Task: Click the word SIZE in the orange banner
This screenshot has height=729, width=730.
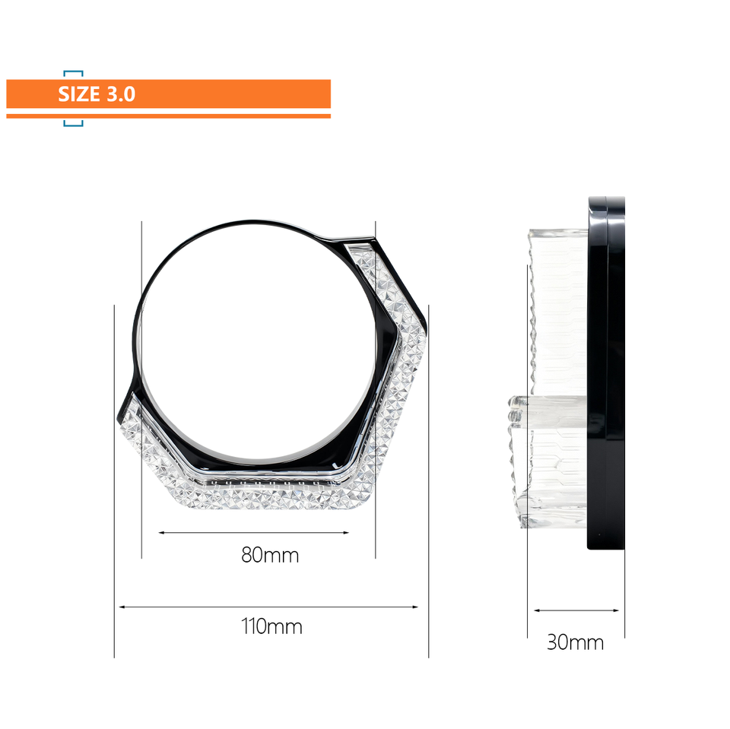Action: coord(78,94)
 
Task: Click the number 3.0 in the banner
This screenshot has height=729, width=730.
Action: coord(121,94)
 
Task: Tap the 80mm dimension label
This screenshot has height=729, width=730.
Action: coord(270,555)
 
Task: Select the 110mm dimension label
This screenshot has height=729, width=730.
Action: coord(271,626)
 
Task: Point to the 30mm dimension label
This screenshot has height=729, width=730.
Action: coord(575,642)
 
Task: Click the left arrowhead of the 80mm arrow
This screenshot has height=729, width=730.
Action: coord(161,533)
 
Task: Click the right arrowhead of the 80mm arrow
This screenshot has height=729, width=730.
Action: coord(346,533)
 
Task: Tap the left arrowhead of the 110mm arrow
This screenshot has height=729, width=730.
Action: coord(122,607)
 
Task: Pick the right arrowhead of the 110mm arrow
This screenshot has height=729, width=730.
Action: coord(415,607)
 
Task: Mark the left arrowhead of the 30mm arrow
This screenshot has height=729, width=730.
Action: coord(537,610)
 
